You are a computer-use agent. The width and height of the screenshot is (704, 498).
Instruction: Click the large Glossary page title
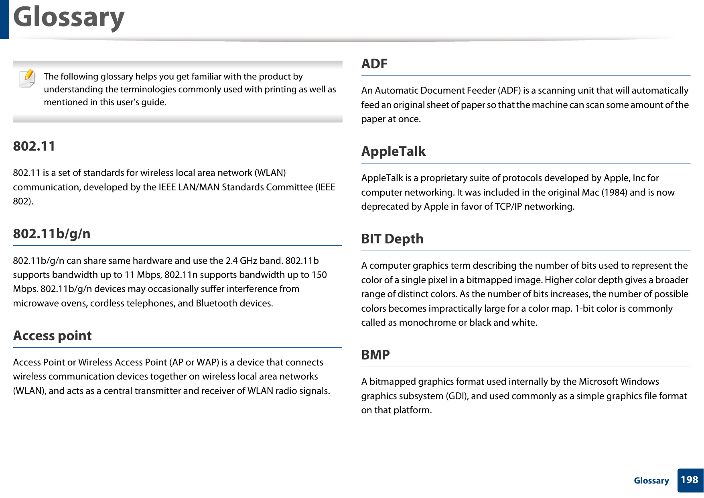point(69,18)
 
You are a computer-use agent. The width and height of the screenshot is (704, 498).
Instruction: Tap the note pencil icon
point(27,78)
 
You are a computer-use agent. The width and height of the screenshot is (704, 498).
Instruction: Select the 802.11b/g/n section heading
point(52,234)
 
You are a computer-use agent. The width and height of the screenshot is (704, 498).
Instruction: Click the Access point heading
point(53,336)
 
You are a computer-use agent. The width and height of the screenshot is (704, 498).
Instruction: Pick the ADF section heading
point(374,64)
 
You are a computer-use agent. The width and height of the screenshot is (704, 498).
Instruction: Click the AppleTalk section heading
point(393,151)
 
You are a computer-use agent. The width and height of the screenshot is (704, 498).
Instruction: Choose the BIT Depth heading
point(392,239)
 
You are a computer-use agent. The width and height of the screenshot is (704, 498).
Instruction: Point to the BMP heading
point(375,355)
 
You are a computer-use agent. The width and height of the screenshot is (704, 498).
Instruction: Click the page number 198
point(689,480)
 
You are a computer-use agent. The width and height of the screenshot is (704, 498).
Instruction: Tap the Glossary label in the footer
point(651,481)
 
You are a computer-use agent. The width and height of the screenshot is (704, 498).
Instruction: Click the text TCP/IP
point(508,206)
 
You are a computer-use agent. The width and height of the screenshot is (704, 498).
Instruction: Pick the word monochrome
point(428,322)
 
